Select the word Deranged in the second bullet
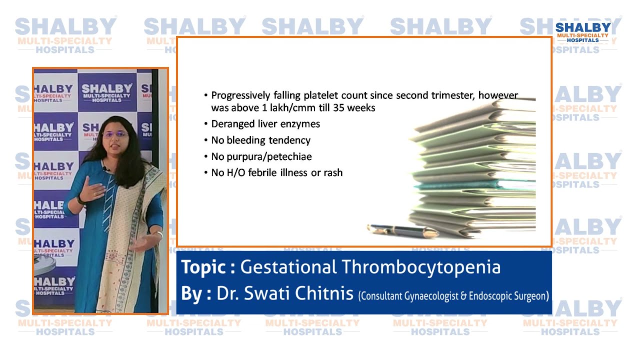click(231, 124)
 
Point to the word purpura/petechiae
click(268, 157)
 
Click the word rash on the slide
click(332, 173)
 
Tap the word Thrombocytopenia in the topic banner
click(421, 267)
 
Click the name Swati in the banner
click(270, 293)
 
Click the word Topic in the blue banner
click(203, 267)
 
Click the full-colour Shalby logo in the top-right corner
click(583, 32)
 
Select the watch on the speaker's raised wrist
click(80, 199)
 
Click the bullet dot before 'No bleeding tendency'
click(206, 140)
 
